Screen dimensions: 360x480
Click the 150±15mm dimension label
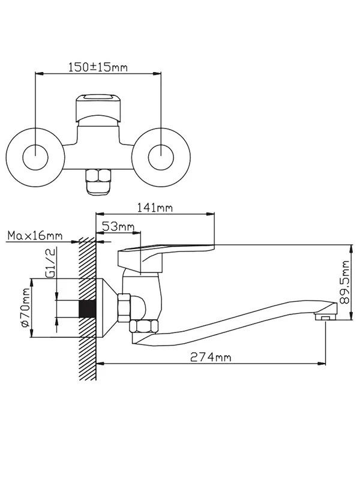98,67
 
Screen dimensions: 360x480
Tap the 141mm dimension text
155,208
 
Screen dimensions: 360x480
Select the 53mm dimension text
118,227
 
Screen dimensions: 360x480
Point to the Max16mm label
35,236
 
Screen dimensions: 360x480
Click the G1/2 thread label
51,263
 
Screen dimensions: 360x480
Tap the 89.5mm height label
345,282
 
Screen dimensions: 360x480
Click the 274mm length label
211,357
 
